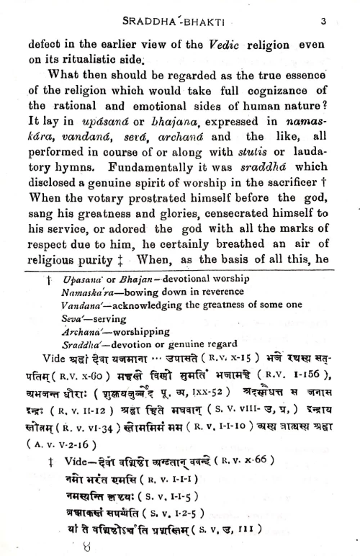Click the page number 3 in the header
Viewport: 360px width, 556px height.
324,22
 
